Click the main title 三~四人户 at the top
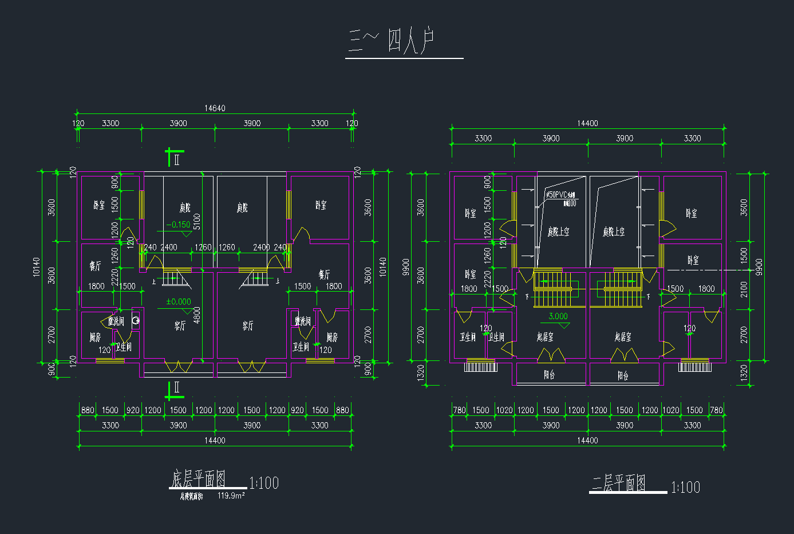[x=393, y=41]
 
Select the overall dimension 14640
[x=215, y=108]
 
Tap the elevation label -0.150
[x=178, y=225]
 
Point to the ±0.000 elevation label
[x=179, y=302]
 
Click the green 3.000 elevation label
[x=558, y=316]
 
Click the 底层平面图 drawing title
[x=198, y=479]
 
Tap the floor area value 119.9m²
[x=231, y=496]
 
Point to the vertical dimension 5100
[x=197, y=222]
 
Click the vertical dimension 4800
[x=197, y=315]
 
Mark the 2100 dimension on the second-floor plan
[x=744, y=289]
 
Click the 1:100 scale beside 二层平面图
[x=685, y=488]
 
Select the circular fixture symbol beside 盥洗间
[x=136, y=321]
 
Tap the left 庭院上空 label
[x=558, y=231]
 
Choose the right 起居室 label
[x=623, y=337]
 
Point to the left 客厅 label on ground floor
[x=180, y=326]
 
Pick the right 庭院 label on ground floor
[x=242, y=207]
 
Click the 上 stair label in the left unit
[x=154, y=282]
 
